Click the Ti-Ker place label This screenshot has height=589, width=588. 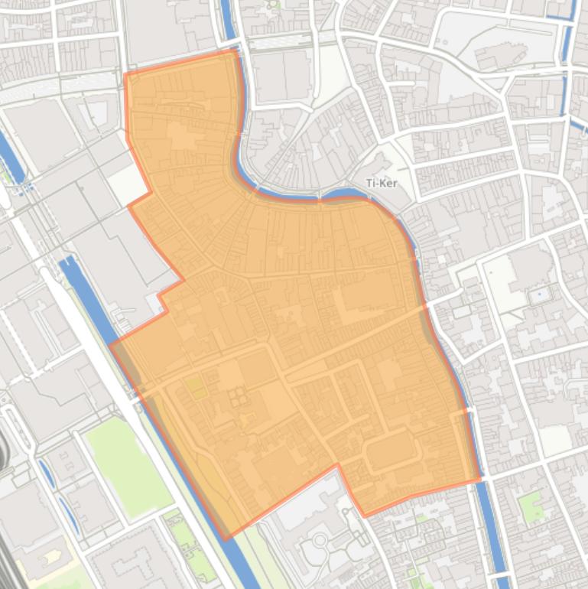(x=381, y=183)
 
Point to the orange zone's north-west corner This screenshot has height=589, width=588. (x=125, y=74)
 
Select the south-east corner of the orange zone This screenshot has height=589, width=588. (x=480, y=480)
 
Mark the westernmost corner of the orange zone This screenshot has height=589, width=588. (x=110, y=345)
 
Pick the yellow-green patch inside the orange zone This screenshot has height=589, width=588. (x=195, y=386)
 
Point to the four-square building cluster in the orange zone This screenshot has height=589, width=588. (x=237, y=396)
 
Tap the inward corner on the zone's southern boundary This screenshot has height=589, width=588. (x=337, y=465)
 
